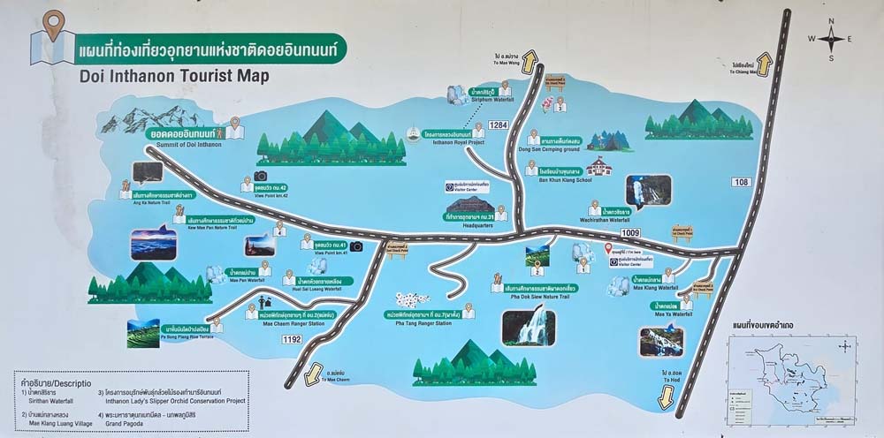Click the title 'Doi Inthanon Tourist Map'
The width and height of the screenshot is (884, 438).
(173, 76)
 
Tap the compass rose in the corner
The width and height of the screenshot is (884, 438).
(830, 38)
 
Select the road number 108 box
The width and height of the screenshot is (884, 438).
(741, 182)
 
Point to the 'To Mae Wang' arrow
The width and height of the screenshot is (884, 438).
(530, 60)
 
